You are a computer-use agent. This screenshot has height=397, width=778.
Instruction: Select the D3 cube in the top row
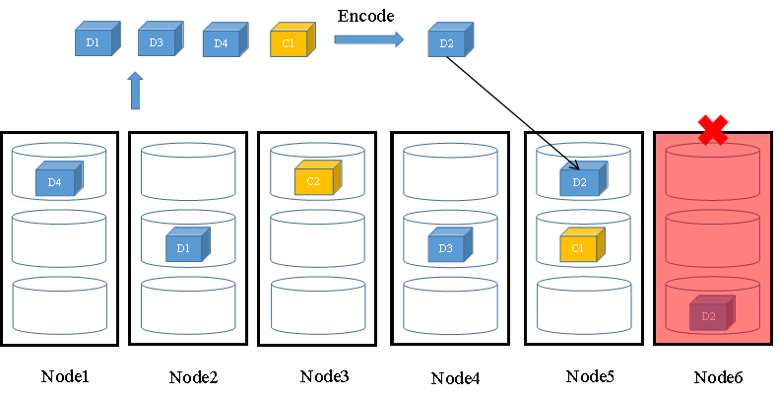pos(156,40)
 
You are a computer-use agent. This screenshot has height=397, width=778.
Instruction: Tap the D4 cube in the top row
pos(221,41)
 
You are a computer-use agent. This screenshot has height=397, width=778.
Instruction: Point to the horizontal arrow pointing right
pos(368,39)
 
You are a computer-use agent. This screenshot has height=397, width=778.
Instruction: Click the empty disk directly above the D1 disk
pos(188,172)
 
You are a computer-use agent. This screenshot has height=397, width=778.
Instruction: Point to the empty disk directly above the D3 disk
pos(450,172)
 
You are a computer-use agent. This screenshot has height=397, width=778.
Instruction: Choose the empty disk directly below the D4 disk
pos(58,238)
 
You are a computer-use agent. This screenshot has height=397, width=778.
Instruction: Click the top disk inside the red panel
pos(712,172)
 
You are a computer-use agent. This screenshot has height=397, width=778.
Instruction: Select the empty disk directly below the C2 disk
pos(317,238)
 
